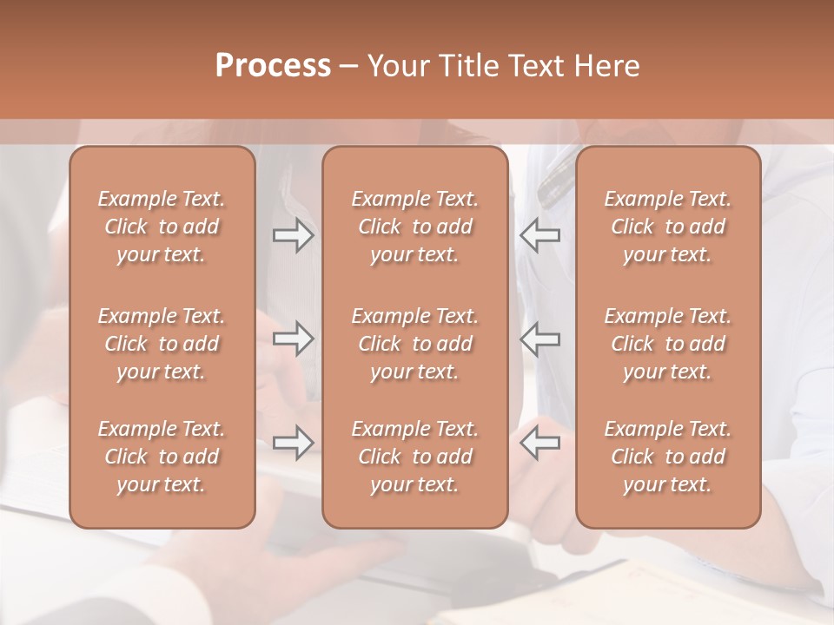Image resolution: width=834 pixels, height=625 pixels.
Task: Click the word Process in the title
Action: pos(273,66)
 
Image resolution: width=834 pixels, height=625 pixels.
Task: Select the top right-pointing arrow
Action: pos(294,235)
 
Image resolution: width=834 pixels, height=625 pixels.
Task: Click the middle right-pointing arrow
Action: pos(294,339)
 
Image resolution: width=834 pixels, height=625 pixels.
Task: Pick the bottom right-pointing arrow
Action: pos(294,443)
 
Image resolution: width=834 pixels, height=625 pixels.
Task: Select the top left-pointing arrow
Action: pos(540,235)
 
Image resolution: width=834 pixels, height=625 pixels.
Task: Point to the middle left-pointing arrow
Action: pos(540,339)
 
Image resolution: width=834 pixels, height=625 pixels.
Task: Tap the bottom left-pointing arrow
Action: pos(540,443)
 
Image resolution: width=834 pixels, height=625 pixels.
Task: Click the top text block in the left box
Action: pos(162,227)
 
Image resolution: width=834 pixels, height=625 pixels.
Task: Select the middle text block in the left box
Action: pos(162,344)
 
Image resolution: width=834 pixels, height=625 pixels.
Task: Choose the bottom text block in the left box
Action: pos(162,457)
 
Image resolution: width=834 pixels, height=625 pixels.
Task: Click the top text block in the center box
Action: pos(415,227)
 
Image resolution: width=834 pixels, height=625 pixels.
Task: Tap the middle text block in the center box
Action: pos(415,344)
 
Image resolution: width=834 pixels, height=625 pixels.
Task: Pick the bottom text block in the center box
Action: pos(415,457)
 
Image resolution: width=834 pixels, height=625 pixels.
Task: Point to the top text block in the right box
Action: pos(668,227)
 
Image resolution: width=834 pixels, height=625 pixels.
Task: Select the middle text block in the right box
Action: pos(668,344)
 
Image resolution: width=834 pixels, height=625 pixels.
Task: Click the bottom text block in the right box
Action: pos(668,457)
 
